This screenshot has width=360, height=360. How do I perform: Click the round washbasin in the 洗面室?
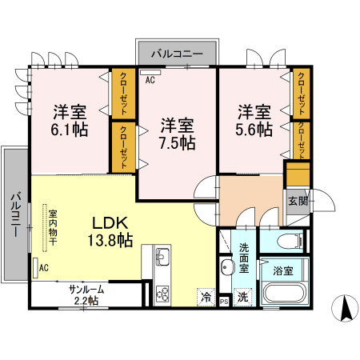coord(226,267)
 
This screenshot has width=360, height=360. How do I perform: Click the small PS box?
coord(225,301)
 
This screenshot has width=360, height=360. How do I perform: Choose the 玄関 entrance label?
coord(297,200)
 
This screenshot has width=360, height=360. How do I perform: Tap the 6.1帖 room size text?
coord(70,128)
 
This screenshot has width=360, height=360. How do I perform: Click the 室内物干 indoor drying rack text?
coord(52,228)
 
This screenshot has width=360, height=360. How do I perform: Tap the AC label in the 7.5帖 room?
coord(150,80)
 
